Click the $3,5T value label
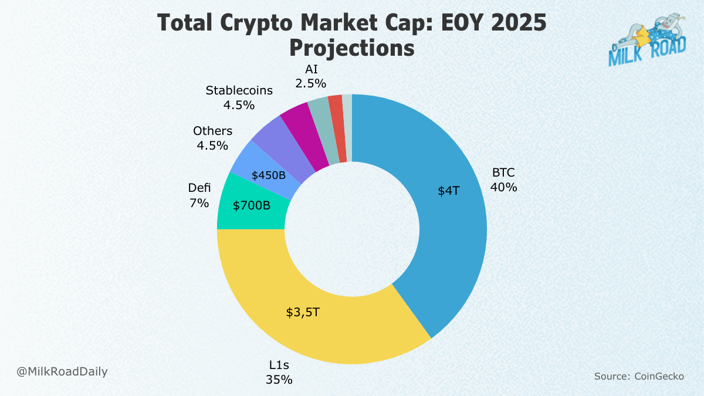[303, 312]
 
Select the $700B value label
[252, 206]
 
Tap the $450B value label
[268, 175]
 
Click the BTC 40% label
[504, 180]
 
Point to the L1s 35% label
[278, 373]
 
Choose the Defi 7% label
[199, 195]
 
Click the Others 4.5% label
[212, 138]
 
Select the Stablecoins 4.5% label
[239, 97]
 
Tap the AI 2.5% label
[311, 76]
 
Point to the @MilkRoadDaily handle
[62, 371]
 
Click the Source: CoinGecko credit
[639, 376]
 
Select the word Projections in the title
[352, 48]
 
